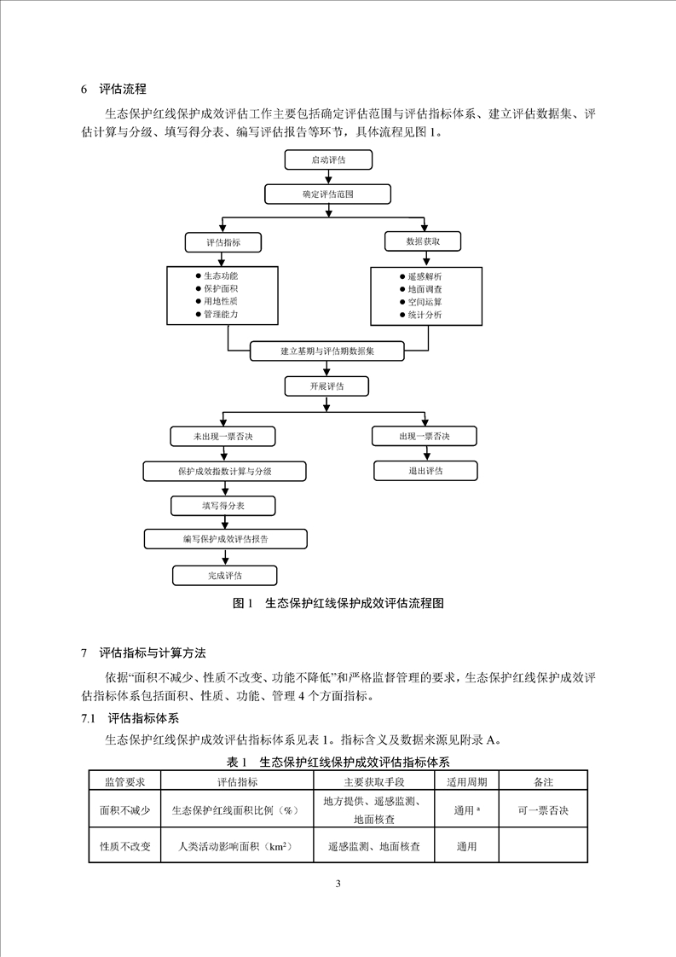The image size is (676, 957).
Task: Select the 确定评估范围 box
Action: (x=327, y=194)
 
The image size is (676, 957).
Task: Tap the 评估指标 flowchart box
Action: (x=223, y=243)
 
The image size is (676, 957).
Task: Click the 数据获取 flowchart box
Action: (x=424, y=242)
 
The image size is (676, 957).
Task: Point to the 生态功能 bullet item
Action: (x=220, y=276)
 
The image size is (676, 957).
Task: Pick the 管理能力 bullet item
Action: (x=220, y=315)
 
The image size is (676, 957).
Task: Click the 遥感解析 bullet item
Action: (x=424, y=276)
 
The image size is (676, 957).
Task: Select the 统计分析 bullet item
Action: (x=424, y=316)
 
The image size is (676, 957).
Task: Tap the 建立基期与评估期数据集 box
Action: (x=327, y=351)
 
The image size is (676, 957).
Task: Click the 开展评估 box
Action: (x=327, y=386)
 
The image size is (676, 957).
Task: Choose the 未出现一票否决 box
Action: (x=223, y=437)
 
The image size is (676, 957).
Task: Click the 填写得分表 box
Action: (x=223, y=505)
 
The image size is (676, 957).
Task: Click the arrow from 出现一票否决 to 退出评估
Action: (x=425, y=454)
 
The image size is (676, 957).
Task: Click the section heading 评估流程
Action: (x=123, y=88)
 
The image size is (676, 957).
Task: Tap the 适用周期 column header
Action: (x=465, y=781)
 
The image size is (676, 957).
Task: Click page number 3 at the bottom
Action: (x=338, y=883)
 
